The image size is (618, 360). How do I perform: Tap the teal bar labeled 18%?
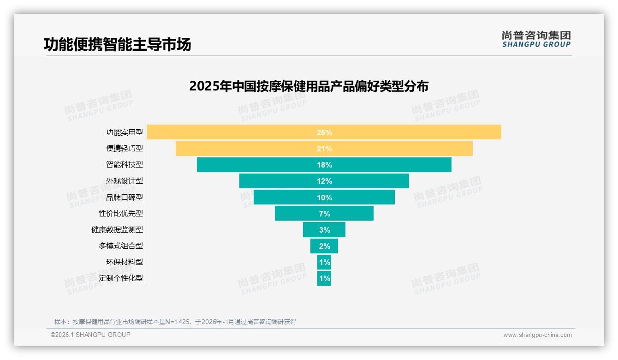[x=324, y=165]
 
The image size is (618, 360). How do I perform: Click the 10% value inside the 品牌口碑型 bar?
[x=324, y=198]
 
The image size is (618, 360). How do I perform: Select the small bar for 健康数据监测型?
[x=324, y=230]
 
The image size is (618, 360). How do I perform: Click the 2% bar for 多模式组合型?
[x=324, y=246]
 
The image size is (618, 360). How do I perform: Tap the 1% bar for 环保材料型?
[x=324, y=262]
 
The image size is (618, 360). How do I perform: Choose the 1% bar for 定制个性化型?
[x=324, y=278]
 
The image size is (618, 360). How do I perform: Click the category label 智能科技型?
[x=125, y=165]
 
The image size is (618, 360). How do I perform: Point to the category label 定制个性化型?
[x=121, y=278]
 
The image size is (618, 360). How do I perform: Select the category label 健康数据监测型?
[x=117, y=230]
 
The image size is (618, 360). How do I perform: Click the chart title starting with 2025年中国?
[x=309, y=86]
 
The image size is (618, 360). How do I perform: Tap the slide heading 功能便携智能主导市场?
[x=117, y=44]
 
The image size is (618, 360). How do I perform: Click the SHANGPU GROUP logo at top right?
[x=536, y=39]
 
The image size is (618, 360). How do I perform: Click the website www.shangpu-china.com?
[x=537, y=335]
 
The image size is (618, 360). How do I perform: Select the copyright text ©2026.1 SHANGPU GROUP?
[x=90, y=335]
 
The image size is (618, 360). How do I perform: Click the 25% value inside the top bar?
[x=324, y=132]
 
